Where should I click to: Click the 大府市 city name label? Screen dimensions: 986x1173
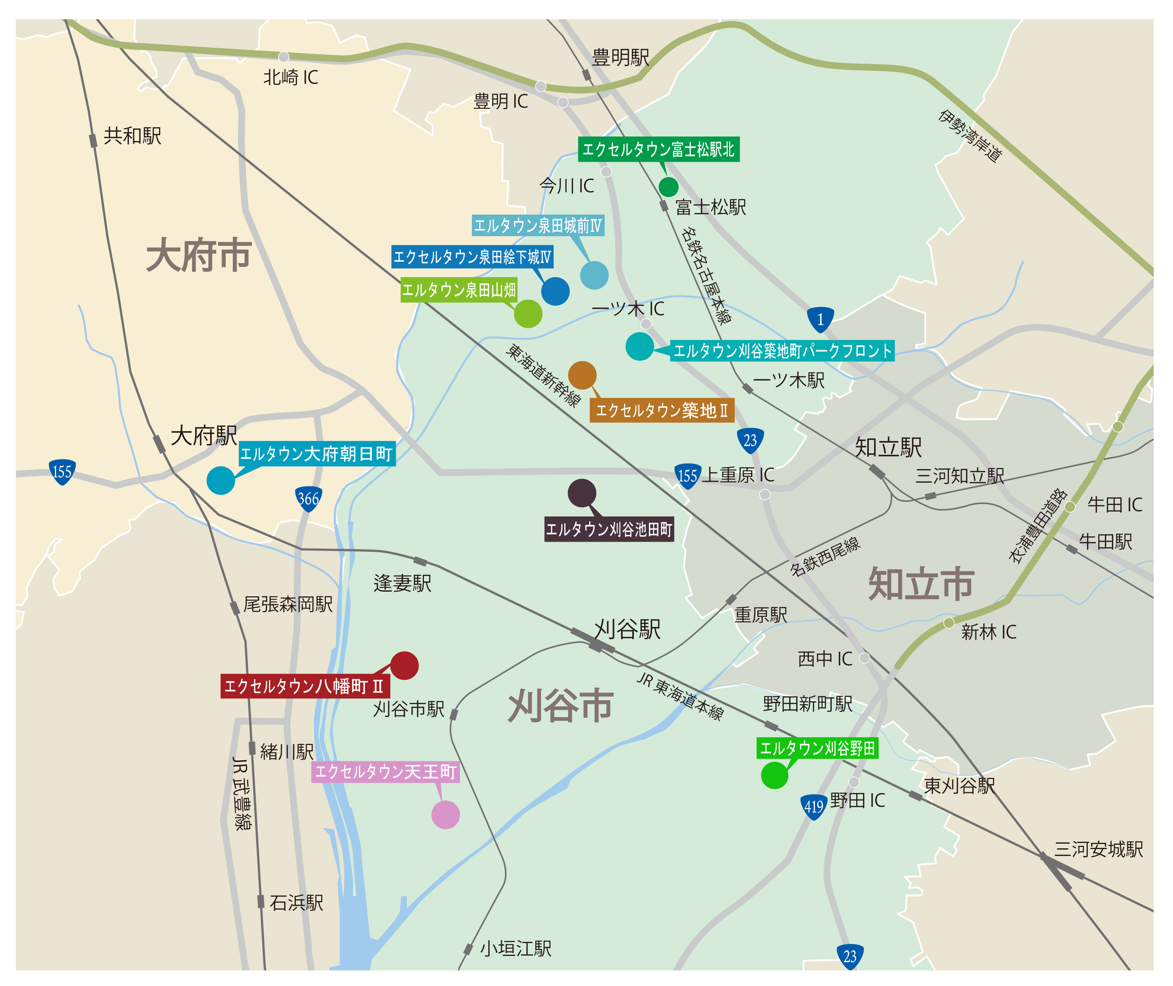[199, 256]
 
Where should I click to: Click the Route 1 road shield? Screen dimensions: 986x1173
[820, 320]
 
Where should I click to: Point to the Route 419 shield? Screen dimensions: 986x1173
[813, 807]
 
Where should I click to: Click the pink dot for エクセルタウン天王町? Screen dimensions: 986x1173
[445, 815]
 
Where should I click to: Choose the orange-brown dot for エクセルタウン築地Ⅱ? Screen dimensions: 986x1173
[582, 375]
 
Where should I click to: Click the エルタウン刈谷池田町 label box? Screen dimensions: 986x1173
[609, 529]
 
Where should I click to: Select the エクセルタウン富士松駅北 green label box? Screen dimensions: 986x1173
[659, 149]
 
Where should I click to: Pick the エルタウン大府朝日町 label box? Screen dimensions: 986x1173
[316, 454]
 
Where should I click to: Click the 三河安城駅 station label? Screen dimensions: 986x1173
[1098, 849]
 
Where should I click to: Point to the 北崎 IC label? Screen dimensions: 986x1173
[290, 77]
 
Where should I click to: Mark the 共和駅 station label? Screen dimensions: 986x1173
[132, 136]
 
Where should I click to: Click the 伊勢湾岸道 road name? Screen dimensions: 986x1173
[970, 136]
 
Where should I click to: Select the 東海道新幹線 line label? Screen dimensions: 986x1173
[543, 375]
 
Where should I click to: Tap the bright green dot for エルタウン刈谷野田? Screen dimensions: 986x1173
[774, 775]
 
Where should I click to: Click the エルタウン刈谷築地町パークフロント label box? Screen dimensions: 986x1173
[782, 350]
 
